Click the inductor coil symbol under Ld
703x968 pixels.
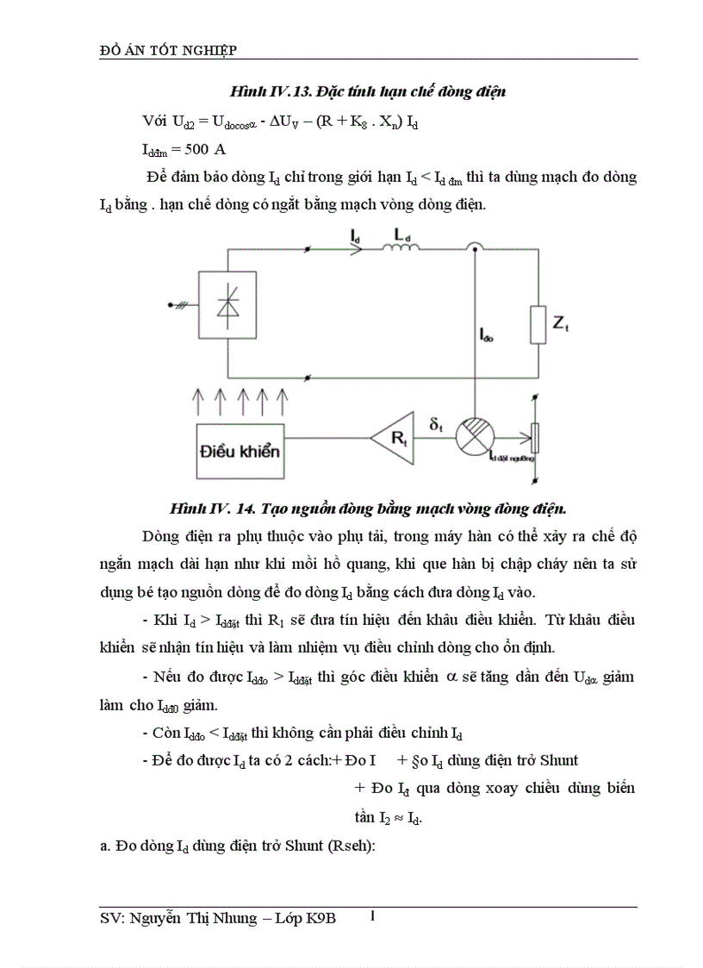401,250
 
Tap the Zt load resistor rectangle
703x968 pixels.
538,324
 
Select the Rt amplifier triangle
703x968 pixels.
394,439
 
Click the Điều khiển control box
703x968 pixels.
240,449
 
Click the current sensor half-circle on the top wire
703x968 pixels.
473,249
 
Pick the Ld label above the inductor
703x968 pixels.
401,234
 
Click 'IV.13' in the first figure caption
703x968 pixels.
273,91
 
